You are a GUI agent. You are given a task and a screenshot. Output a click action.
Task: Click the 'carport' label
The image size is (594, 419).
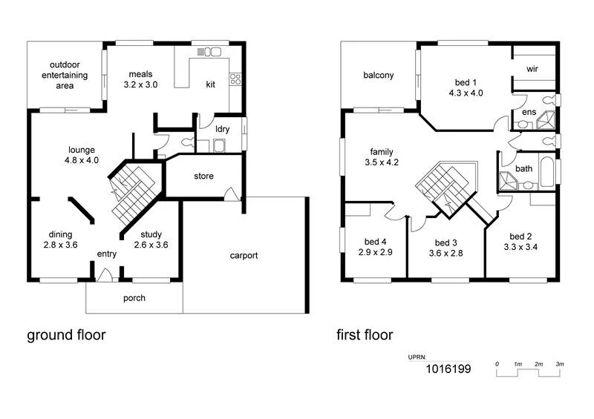tap(244, 256)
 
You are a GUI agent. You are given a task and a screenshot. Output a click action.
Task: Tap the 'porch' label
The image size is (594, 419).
tap(134, 299)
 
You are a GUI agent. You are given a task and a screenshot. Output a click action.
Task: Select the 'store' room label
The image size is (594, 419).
tap(204, 176)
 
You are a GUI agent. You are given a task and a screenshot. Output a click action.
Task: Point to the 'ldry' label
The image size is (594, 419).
tap(222, 129)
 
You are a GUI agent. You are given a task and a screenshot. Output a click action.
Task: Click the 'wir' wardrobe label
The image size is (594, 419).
tap(532, 69)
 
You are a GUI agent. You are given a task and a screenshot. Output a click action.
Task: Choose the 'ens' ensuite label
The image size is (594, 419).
tap(529, 112)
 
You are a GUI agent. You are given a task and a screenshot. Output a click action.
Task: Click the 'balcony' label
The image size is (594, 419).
tap(379, 76)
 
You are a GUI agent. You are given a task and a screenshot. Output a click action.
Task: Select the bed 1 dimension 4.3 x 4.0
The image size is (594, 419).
tap(466, 93)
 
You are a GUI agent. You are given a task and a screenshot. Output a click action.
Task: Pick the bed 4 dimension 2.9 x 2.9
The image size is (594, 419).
tap(375, 252)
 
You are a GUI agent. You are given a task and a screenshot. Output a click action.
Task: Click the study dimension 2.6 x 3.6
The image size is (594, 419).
tap(151, 245)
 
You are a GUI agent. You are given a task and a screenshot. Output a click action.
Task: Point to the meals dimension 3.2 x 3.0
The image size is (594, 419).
tap(140, 85)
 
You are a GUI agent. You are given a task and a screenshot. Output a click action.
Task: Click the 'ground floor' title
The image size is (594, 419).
tap(66, 335)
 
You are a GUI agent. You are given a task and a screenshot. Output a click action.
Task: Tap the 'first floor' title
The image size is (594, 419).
tap(364, 335)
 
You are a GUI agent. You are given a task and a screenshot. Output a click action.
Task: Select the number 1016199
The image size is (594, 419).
tap(448, 369)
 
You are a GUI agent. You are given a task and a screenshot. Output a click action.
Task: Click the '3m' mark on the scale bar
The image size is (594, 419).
tap(560, 365)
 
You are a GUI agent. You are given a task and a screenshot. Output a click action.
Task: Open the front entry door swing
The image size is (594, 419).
tap(105, 275)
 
